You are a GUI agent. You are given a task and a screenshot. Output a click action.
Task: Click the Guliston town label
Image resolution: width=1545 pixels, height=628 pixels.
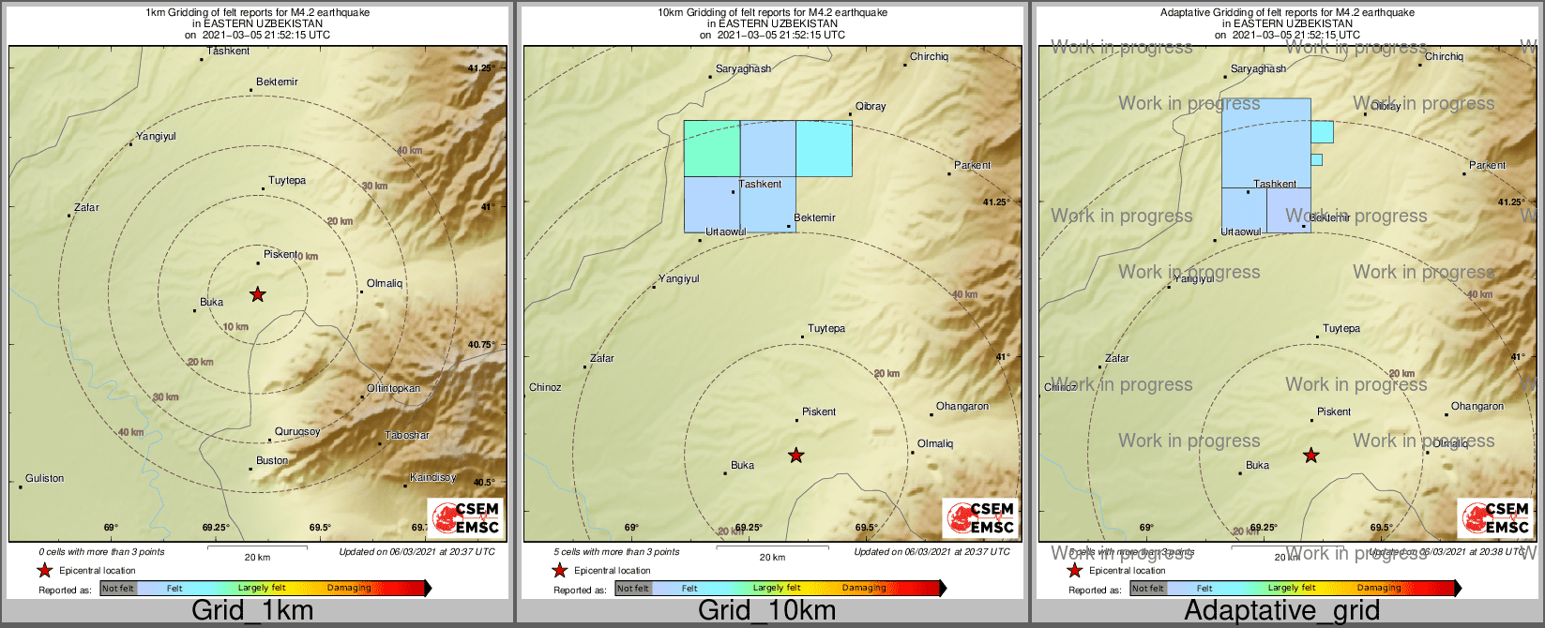[x=44, y=478]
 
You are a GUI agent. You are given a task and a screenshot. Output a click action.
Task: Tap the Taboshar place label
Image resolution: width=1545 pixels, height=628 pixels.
[x=407, y=436]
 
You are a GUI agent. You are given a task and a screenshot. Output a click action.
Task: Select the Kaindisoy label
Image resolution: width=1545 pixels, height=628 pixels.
[x=432, y=478]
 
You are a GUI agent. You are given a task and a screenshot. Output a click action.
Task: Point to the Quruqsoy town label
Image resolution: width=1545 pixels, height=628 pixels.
[x=297, y=432]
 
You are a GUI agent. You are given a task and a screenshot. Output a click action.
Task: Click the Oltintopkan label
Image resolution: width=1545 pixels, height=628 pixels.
[x=393, y=388]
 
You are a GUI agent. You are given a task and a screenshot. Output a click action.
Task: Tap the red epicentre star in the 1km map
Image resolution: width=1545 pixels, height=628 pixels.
[x=257, y=294]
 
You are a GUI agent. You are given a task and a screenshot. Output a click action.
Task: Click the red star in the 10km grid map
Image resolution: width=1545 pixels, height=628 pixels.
[x=795, y=456]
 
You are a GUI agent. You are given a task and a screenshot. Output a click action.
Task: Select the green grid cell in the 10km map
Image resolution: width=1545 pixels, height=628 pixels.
[x=711, y=148]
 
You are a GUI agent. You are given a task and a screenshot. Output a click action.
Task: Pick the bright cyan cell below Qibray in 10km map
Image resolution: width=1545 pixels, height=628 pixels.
[x=824, y=148]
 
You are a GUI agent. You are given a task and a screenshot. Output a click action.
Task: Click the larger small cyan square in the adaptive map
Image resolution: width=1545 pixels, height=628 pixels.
[x=1322, y=132]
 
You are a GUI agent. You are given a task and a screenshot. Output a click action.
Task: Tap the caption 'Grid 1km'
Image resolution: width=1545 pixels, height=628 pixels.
[x=252, y=611]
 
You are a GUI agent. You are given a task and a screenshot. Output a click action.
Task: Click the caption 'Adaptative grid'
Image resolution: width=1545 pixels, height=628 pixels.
[x=1281, y=611]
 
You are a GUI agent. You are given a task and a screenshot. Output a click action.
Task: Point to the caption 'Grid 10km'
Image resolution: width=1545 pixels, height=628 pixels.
[x=766, y=611]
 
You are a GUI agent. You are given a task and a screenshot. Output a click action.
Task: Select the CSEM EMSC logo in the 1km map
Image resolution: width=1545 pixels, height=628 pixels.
[x=464, y=518]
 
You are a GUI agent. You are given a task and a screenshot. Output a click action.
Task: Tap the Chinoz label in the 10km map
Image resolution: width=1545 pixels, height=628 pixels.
[x=545, y=387]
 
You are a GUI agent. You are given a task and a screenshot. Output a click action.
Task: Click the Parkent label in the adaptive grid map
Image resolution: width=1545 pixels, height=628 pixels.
[x=1487, y=165]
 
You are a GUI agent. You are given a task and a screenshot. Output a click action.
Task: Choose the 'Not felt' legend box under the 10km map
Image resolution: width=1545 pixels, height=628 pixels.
[x=633, y=589]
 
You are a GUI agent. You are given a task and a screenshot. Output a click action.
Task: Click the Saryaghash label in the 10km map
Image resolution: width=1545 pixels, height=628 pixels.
[x=743, y=68]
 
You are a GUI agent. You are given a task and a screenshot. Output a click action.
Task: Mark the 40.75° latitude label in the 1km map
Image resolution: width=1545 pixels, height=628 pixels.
[x=481, y=345]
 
